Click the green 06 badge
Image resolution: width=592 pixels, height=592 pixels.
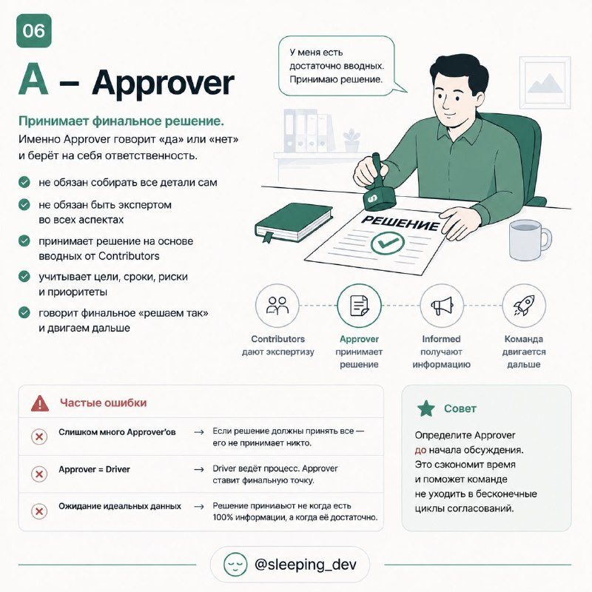[33, 30]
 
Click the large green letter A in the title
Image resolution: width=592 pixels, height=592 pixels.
[33, 80]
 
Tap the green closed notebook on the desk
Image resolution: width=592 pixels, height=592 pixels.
[293, 223]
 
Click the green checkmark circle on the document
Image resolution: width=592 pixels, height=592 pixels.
[387, 243]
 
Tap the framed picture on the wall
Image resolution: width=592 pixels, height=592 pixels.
[545, 82]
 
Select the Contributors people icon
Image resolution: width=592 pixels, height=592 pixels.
[277, 306]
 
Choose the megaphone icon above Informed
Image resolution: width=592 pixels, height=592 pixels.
[441, 306]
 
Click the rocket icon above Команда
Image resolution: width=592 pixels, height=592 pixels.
[524, 306]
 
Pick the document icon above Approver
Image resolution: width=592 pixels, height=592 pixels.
[359, 306]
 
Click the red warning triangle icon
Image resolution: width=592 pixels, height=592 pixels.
[40, 403]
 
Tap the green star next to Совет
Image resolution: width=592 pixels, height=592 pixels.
[426, 408]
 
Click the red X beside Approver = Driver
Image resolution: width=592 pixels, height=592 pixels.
[39, 474]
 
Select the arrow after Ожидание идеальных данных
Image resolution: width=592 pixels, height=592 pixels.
[199, 507]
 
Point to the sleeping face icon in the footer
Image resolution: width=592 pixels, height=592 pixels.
[235, 565]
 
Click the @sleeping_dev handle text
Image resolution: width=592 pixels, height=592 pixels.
[306, 565]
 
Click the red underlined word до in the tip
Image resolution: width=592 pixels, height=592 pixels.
[420, 450]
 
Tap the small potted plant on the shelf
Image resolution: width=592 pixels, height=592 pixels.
[351, 141]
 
